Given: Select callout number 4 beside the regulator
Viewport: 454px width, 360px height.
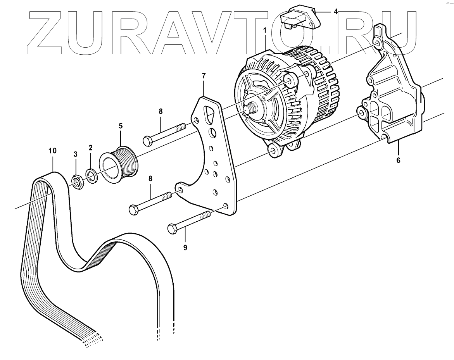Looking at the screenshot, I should coord(335,12).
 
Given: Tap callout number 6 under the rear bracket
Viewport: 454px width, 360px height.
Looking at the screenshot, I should coord(398,159).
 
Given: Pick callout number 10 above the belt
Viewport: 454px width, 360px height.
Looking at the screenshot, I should coord(52,150).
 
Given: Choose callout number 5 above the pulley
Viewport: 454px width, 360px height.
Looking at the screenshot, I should coord(120,126).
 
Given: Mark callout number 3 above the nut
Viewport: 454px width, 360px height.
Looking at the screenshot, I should coord(76,155).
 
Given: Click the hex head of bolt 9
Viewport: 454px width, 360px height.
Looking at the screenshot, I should coord(173,229).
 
